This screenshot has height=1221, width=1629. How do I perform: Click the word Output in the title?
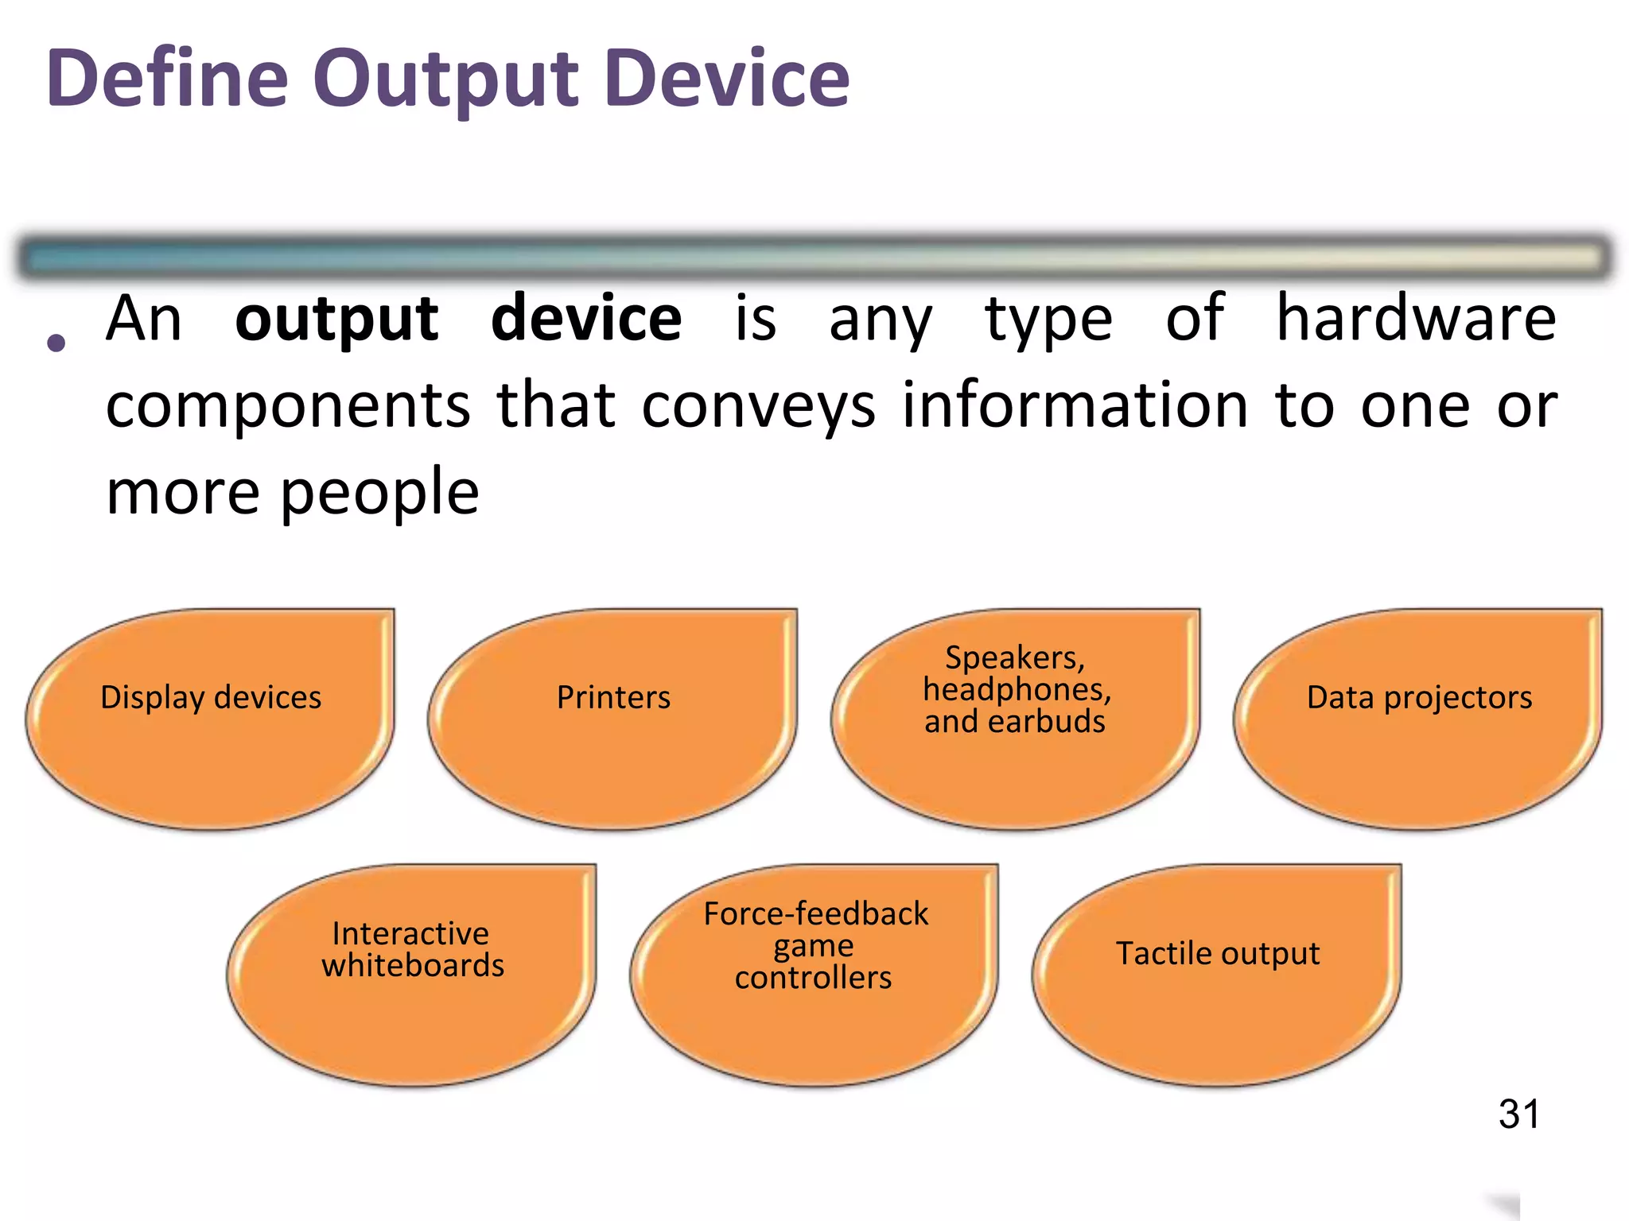coord(445,79)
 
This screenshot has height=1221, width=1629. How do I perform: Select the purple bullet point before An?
coord(56,343)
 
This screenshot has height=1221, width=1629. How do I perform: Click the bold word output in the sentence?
coord(336,320)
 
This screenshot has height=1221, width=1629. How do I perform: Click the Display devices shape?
coord(211,719)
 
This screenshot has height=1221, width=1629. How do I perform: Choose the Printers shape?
coord(612,719)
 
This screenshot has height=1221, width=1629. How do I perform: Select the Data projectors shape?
coord(1418,719)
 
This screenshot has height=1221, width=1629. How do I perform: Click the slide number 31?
coord(1518,1114)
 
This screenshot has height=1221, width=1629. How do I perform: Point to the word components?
coord(288,407)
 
